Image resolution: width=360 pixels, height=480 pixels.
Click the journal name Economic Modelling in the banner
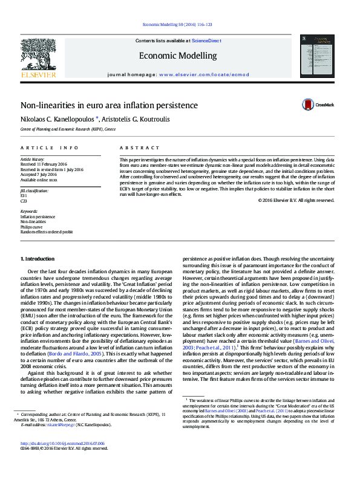[177, 56]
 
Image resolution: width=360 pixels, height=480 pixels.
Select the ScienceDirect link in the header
[206, 41]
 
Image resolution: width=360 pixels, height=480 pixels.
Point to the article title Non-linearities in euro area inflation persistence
[109, 105]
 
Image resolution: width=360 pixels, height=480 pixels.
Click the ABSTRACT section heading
[134, 148]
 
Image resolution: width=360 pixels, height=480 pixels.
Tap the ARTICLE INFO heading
[50, 148]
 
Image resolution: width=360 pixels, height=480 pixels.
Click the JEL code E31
[24, 196]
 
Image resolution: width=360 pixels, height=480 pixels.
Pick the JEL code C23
[24, 201]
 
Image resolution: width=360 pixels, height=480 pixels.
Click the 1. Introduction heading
[39, 259]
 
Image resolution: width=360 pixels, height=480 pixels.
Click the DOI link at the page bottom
[62, 459]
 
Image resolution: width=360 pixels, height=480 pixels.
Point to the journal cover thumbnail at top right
[322, 54]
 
